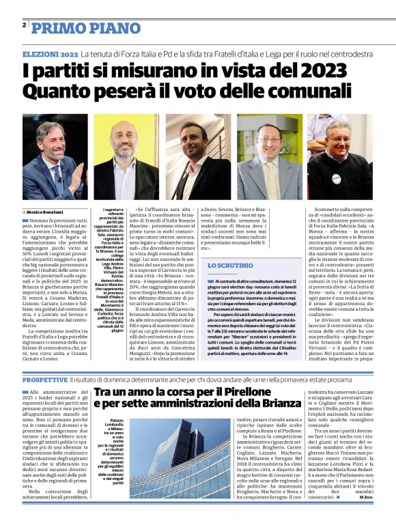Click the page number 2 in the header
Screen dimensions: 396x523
click(25, 25)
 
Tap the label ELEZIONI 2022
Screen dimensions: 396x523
click(50, 53)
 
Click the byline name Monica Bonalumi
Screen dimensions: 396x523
click(50, 212)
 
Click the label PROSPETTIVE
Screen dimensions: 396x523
click(44, 379)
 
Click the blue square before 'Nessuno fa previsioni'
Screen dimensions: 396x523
click(25, 221)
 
